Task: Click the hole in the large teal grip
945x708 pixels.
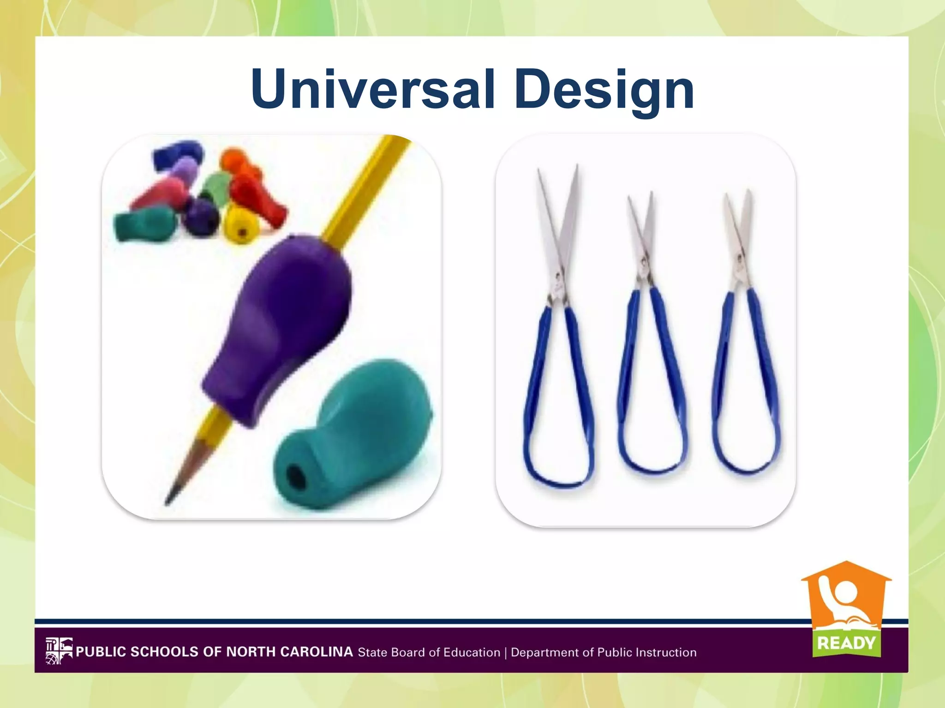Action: pyautogui.click(x=296, y=477)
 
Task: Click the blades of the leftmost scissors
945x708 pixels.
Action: pyautogui.click(x=558, y=221)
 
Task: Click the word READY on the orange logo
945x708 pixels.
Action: pyautogui.click(x=846, y=643)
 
